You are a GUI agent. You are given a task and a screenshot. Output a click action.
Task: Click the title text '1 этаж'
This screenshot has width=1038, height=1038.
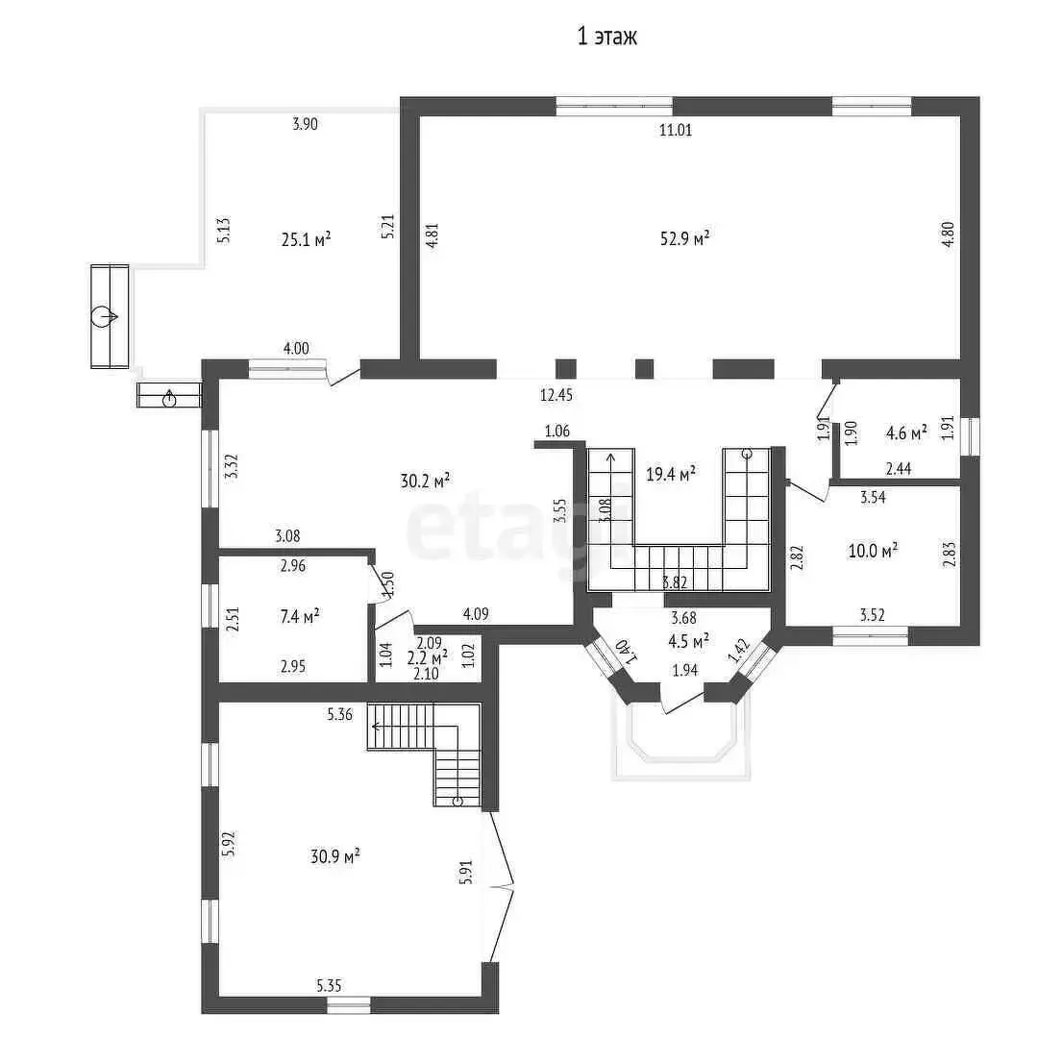click(607, 37)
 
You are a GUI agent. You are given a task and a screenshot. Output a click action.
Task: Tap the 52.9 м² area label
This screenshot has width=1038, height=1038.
click(684, 237)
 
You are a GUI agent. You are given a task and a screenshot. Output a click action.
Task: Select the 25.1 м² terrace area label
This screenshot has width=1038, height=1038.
click(306, 239)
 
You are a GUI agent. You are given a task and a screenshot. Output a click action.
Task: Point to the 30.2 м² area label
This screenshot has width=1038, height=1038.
click(425, 480)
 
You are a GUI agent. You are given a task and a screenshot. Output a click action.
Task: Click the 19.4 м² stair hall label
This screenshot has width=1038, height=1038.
click(671, 473)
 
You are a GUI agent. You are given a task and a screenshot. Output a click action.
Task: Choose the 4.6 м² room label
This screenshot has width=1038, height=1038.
click(906, 433)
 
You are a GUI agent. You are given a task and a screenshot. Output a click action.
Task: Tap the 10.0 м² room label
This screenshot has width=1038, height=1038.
click(873, 550)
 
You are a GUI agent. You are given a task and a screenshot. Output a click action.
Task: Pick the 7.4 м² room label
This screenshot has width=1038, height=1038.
click(300, 616)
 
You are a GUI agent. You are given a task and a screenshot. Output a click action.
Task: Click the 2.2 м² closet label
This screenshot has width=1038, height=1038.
click(427, 657)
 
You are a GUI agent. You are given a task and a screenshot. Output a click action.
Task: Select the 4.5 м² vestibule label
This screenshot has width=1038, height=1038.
click(688, 641)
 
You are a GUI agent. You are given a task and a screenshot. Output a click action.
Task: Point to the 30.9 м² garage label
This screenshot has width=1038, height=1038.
click(335, 856)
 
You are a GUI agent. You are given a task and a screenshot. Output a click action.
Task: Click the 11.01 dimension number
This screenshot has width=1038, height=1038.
click(676, 130)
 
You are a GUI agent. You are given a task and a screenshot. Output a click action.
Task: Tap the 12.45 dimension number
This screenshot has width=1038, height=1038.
click(556, 395)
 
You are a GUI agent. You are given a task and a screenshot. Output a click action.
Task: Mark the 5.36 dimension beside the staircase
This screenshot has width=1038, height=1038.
click(339, 714)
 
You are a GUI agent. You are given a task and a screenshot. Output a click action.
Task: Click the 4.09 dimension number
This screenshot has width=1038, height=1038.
click(476, 614)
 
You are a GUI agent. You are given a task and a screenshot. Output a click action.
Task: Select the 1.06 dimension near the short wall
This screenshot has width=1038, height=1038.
click(556, 432)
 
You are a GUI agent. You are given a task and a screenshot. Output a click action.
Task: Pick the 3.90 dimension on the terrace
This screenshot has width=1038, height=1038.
click(306, 124)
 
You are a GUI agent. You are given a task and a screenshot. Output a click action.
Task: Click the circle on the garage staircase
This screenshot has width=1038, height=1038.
click(457, 802)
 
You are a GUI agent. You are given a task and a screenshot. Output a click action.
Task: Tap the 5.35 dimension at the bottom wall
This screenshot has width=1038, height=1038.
click(329, 986)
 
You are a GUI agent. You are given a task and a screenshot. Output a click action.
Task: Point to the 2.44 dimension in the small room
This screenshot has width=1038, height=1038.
click(899, 469)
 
